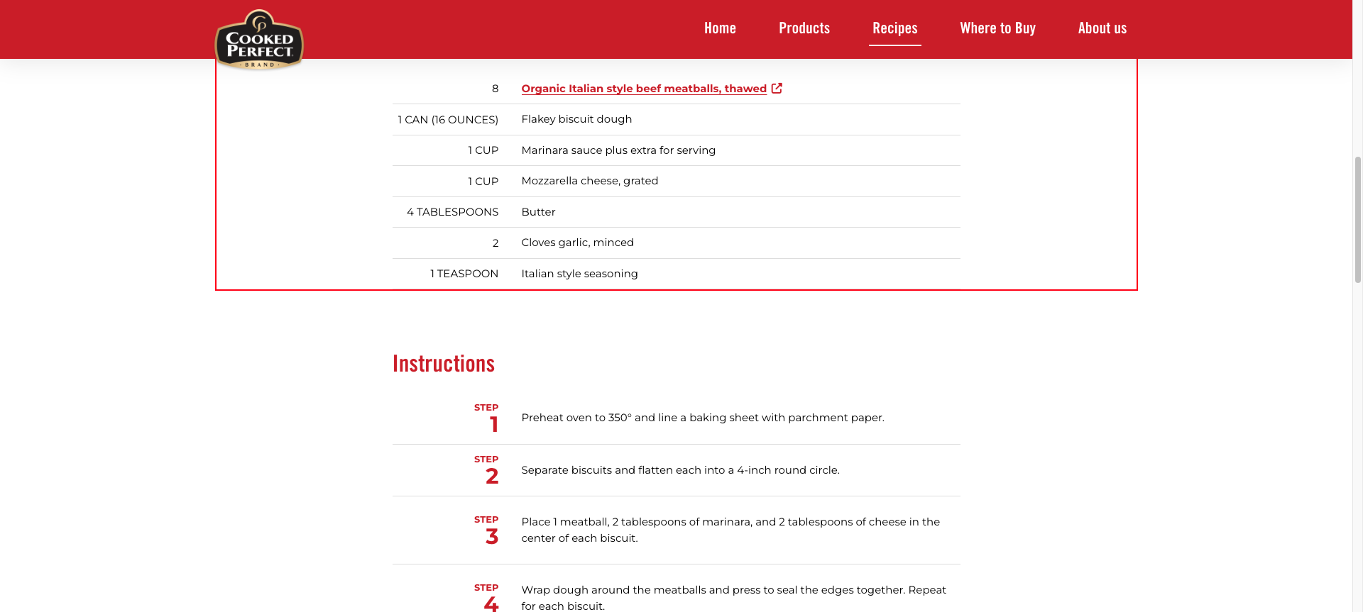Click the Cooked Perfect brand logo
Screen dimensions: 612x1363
click(259, 40)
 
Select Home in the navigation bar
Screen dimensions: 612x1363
click(720, 28)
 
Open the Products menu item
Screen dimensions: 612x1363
click(804, 28)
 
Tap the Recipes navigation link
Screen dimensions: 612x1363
click(894, 28)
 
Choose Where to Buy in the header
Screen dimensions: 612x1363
click(997, 28)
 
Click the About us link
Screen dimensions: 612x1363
click(1102, 28)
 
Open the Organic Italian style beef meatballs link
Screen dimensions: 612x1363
click(643, 89)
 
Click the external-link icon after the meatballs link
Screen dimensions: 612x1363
click(777, 89)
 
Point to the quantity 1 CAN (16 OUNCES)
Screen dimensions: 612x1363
click(448, 120)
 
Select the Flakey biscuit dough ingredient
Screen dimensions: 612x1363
click(576, 119)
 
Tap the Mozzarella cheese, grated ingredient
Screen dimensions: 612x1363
click(589, 181)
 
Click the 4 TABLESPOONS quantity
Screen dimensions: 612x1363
click(452, 212)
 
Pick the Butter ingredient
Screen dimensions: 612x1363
click(538, 212)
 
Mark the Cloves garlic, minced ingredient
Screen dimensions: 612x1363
click(577, 243)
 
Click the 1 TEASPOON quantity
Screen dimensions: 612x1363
click(464, 274)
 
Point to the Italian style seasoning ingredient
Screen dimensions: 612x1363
click(579, 274)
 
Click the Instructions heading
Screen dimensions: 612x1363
click(443, 364)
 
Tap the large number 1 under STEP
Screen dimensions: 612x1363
click(494, 425)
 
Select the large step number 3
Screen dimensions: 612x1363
click(492, 537)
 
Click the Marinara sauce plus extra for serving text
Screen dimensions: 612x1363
click(618, 150)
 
